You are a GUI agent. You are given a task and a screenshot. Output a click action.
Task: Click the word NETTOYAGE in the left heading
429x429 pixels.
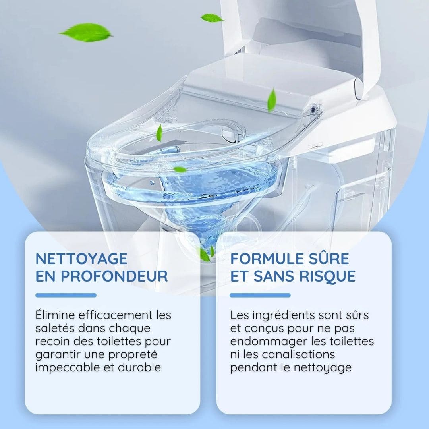81,259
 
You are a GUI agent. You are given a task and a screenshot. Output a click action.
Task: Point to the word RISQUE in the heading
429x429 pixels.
325,276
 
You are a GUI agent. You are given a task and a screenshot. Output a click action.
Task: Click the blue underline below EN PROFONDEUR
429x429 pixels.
66,295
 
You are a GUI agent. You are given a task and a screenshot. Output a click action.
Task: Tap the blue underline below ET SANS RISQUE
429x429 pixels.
260,295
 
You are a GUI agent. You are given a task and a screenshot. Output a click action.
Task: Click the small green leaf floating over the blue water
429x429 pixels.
180,170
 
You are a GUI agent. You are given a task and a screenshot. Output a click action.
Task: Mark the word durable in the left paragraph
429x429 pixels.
139,367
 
